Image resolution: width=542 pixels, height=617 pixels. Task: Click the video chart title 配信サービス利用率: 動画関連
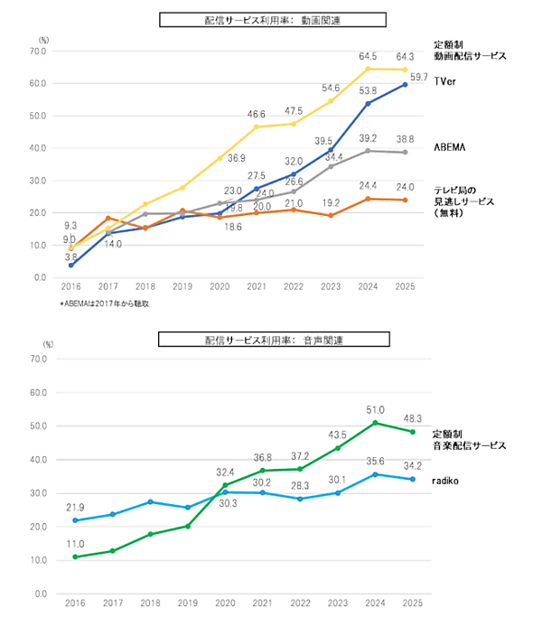(x=272, y=19)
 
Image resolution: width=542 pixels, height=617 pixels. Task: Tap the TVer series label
(x=444, y=81)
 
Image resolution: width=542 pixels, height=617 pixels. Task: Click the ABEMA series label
(x=449, y=146)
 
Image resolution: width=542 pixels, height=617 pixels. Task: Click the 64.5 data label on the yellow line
(x=369, y=56)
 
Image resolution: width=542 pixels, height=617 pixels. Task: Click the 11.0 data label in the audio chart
(x=76, y=544)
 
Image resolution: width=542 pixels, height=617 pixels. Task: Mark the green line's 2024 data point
(x=375, y=423)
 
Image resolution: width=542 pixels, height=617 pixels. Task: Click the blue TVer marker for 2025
(x=404, y=85)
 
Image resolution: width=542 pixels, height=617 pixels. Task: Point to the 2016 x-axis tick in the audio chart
(x=76, y=603)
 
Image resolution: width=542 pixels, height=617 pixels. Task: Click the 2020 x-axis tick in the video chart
(x=220, y=288)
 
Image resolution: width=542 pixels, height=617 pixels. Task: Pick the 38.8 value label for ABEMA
(x=404, y=140)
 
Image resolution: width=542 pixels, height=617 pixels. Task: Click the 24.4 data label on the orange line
(x=369, y=186)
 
